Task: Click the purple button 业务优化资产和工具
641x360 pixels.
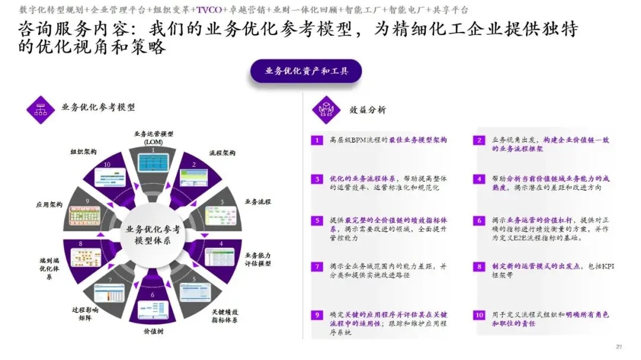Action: pyautogui.click(x=306, y=71)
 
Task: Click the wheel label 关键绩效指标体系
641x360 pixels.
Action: pyautogui.click(x=225, y=316)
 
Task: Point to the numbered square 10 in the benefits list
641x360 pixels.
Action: pyautogui.click(x=479, y=314)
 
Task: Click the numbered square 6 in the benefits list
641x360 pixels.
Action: pyautogui.click(x=479, y=221)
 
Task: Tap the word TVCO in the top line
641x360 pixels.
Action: pyautogui.click(x=208, y=10)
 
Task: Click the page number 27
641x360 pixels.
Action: pyautogui.click(x=618, y=346)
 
